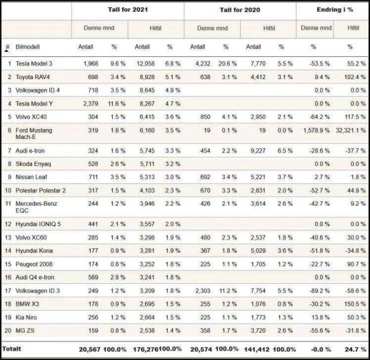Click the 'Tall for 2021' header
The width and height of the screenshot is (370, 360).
pyautogui.click(x=128, y=10)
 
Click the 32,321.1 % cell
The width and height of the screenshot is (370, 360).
pyautogui.click(x=348, y=130)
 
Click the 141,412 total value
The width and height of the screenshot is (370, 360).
pyautogui.click(x=258, y=349)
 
